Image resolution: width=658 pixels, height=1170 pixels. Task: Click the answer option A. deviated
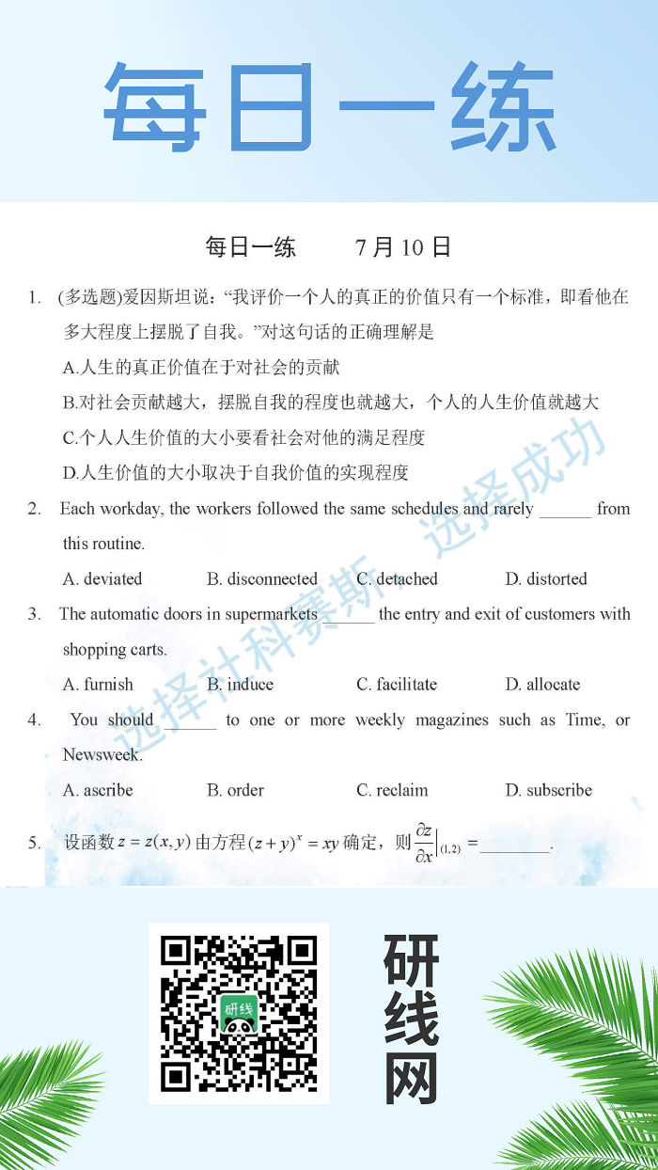[x=102, y=579]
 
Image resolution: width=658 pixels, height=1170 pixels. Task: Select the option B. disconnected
[x=262, y=579]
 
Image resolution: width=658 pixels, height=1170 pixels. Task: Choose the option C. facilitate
[x=397, y=685]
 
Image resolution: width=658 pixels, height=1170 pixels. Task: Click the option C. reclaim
[x=392, y=791]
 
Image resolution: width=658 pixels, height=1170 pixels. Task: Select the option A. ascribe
[x=98, y=791]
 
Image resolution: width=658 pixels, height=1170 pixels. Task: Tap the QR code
[x=239, y=1013]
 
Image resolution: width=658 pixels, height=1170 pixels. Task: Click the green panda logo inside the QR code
[x=239, y=1014]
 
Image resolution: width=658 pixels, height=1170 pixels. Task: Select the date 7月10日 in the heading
[x=403, y=247]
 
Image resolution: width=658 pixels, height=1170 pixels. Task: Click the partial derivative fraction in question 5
[x=425, y=843]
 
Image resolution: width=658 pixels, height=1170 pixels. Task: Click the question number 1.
[x=34, y=298]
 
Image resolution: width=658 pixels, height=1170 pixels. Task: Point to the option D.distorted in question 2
[x=545, y=579]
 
